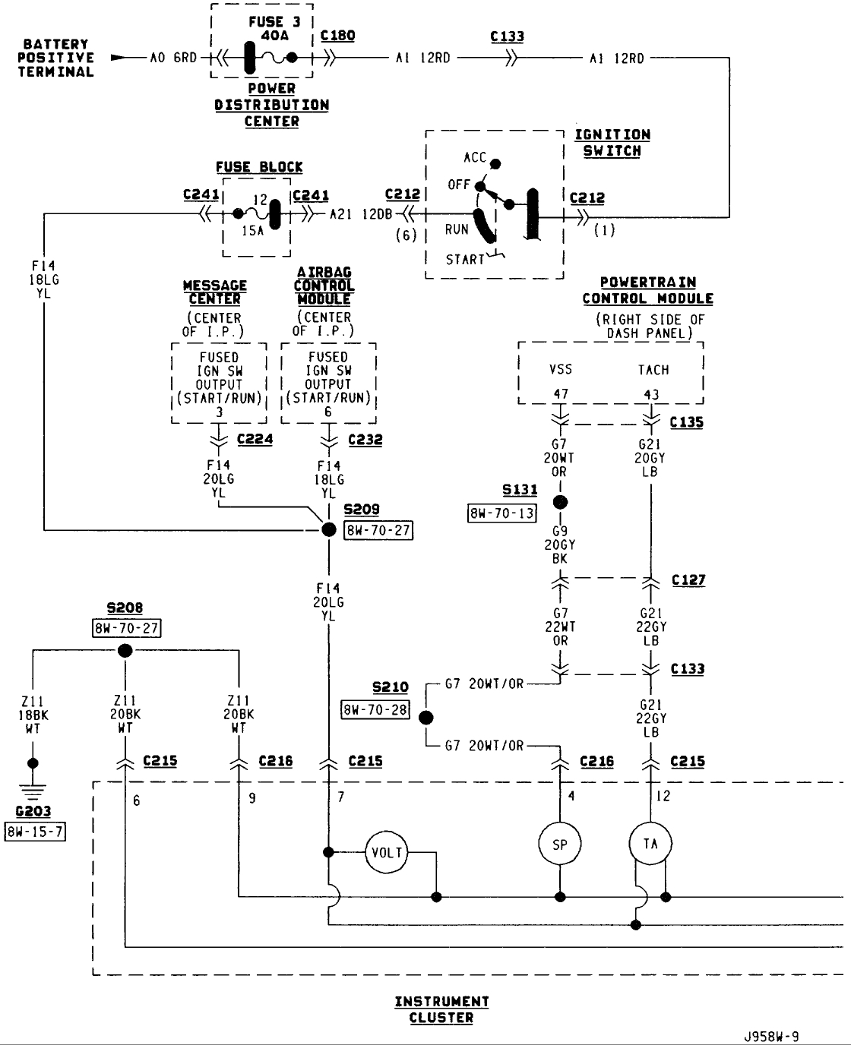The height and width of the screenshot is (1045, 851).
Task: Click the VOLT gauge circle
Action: coord(387,852)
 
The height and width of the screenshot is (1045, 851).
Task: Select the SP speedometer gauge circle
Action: coord(560,845)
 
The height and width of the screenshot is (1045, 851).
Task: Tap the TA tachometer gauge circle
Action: coord(650,844)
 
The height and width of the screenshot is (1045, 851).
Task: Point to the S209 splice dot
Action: coord(328,529)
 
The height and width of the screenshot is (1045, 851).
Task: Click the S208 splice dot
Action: coord(125,650)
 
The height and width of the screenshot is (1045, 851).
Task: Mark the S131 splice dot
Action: coord(560,502)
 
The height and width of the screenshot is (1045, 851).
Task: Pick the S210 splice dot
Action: coord(426,718)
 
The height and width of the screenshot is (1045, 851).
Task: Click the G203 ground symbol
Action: coord(33,791)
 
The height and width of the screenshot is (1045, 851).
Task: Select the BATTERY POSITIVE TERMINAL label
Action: coord(55,58)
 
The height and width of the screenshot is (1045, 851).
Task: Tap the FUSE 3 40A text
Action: coord(274,29)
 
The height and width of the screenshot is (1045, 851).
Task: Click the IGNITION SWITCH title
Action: coord(612,143)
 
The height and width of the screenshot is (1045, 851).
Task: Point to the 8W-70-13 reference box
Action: coord(501,513)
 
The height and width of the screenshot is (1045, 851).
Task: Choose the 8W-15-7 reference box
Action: coord(34,831)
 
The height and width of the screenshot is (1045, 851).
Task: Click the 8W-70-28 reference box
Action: coord(375,710)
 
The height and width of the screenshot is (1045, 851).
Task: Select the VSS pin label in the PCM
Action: coord(561,370)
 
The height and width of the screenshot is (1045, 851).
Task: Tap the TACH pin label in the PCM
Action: coord(653,370)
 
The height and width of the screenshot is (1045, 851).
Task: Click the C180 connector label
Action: coord(337,36)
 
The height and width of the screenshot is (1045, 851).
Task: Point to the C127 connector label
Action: coord(688,580)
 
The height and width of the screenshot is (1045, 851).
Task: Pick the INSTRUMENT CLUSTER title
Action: coord(441,1009)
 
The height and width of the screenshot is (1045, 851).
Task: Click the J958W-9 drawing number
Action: coord(771,1037)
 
